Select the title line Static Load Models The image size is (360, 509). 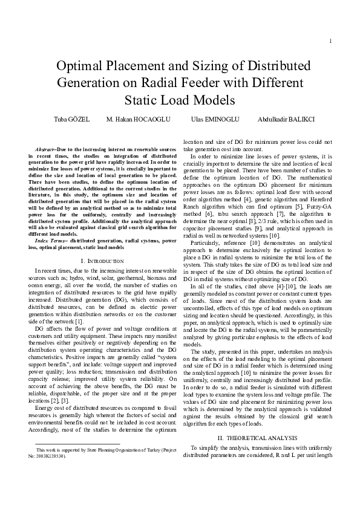[180, 99]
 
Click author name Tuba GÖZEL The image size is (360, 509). [73, 119]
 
